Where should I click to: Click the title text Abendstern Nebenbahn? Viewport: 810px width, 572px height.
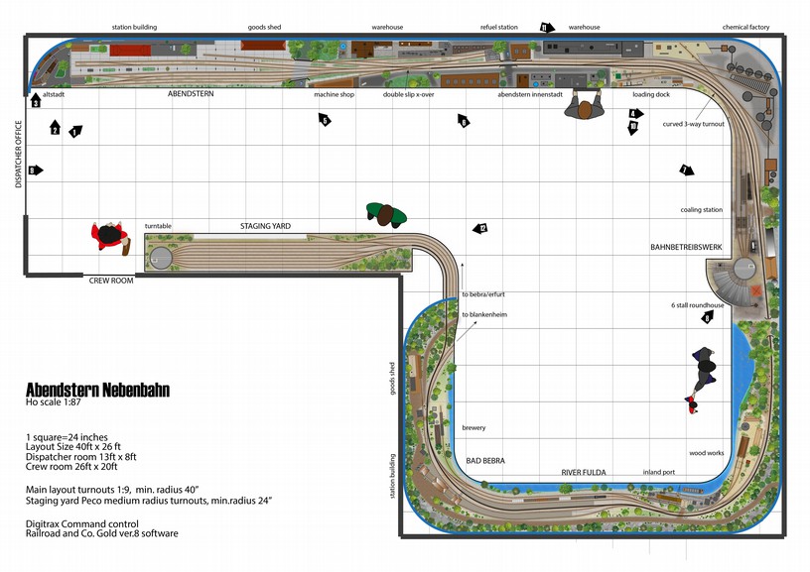point(97,390)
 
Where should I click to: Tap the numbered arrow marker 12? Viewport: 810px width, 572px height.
point(480,229)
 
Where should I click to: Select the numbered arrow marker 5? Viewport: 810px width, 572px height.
point(324,120)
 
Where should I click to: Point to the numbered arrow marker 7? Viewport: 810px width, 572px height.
point(685,171)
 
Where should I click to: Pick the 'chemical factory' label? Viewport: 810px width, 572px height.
point(746,28)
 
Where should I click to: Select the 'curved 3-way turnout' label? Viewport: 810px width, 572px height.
point(693,124)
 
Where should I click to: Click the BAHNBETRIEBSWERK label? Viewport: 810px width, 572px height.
point(684,246)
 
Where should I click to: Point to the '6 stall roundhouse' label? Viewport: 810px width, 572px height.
point(698,305)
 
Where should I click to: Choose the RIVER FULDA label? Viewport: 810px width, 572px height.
point(584,472)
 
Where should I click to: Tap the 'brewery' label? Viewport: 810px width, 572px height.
point(473,428)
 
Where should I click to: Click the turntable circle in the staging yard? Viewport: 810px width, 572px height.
point(161,259)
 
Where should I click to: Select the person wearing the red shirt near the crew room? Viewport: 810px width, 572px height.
point(109,237)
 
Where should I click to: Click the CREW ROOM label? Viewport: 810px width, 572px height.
point(109,281)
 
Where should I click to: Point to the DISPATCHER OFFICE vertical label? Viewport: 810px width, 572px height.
point(18,155)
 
